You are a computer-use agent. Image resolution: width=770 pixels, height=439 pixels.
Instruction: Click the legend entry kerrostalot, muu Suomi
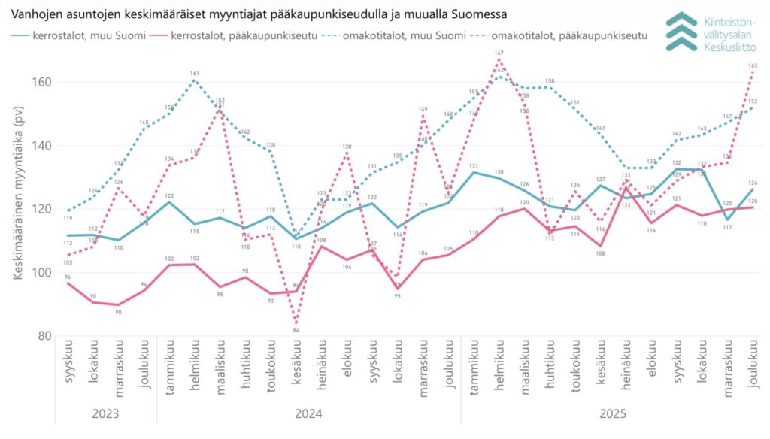(80, 35)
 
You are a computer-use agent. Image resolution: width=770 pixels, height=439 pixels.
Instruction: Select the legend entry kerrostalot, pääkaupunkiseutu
(233, 35)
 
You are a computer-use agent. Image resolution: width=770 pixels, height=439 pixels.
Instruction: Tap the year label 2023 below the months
(105, 413)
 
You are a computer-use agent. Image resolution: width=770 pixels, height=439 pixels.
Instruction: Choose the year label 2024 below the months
(308, 413)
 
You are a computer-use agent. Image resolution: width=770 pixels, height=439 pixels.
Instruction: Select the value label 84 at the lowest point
(296, 330)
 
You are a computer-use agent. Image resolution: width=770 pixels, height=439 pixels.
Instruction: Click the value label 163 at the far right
(753, 66)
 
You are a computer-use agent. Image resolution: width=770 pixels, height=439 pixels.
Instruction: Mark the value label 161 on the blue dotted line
(195, 74)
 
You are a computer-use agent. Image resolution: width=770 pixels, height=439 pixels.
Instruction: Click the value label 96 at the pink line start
(68, 277)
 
